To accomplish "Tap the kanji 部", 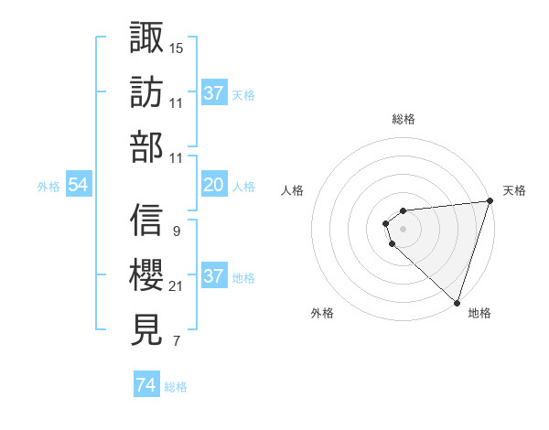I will pos(146,146).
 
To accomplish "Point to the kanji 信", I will pos(146,220).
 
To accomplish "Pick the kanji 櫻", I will pos(146,274).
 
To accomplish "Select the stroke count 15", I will pos(177,48).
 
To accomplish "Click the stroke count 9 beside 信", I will pos(176,231).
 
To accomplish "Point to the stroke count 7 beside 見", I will pos(176,342).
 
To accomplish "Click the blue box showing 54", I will pos(79,185).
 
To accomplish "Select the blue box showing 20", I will pos(213,185).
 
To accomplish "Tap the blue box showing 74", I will pos(145,386).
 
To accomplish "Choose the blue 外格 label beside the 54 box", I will pos(48,186).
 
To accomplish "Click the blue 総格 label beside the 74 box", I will pos(176,387).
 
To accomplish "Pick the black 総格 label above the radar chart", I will pos(403,119).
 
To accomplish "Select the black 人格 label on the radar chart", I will pos(292,190).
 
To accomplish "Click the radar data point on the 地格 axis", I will pos(457,302).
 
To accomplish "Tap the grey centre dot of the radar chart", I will pos(403,226).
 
